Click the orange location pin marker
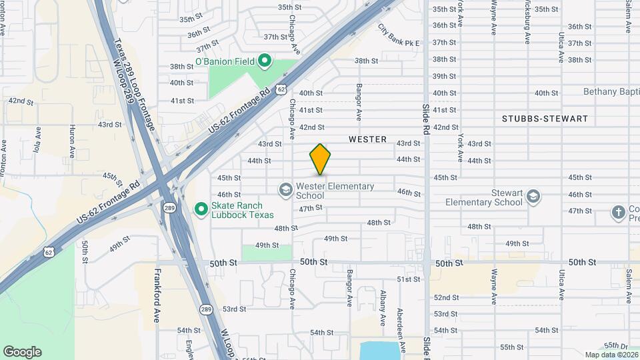click(321, 159)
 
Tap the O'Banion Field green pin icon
click(265, 62)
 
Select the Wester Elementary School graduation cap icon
click(285, 190)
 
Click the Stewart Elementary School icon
click(533, 197)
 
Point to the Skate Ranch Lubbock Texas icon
click(201, 209)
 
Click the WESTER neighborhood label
click(367, 139)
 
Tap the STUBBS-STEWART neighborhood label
click(545, 119)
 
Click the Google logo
click(22, 352)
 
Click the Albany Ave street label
click(383, 308)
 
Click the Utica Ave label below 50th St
click(561, 285)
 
